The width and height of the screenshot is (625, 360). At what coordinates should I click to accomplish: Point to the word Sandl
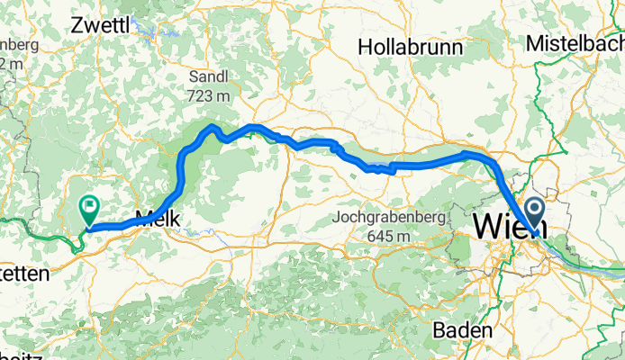pos(209,76)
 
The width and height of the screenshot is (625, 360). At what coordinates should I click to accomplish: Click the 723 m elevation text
pos(209,94)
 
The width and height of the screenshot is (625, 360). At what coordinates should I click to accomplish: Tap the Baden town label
pos(462,330)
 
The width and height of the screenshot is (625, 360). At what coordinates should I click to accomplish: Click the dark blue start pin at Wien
pos(533,213)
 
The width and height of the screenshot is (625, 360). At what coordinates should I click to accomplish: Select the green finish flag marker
pos(89,209)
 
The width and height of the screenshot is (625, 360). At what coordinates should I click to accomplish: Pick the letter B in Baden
pos(439,330)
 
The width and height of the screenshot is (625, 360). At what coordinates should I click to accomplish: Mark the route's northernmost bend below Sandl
pos(212,127)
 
